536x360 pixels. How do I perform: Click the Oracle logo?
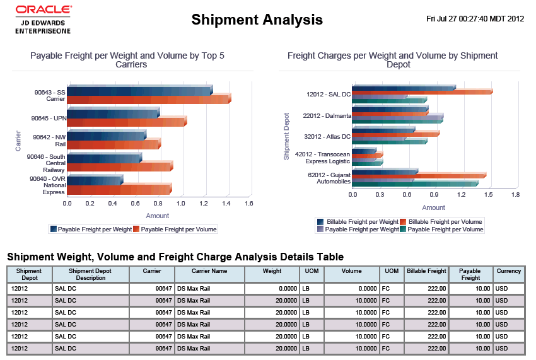click(x=43, y=9)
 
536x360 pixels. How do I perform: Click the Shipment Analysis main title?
click(x=257, y=20)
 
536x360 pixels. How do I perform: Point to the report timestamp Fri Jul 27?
click(x=475, y=19)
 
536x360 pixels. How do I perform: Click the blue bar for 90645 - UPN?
click(x=113, y=113)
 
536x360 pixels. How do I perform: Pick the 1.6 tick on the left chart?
click(x=248, y=204)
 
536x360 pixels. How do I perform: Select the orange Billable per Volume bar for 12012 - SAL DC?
click(x=422, y=92)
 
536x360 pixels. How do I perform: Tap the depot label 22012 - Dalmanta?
click(x=327, y=116)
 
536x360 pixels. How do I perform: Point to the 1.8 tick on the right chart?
click(x=515, y=195)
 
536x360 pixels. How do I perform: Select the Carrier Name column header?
click(x=209, y=271)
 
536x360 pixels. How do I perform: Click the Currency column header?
click(x=508, y=271)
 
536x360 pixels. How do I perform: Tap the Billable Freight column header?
click(x=426, y=271)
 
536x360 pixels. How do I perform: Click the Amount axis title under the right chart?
click(x=433, y=207)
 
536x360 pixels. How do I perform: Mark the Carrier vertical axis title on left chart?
click(x=18, y=140)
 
